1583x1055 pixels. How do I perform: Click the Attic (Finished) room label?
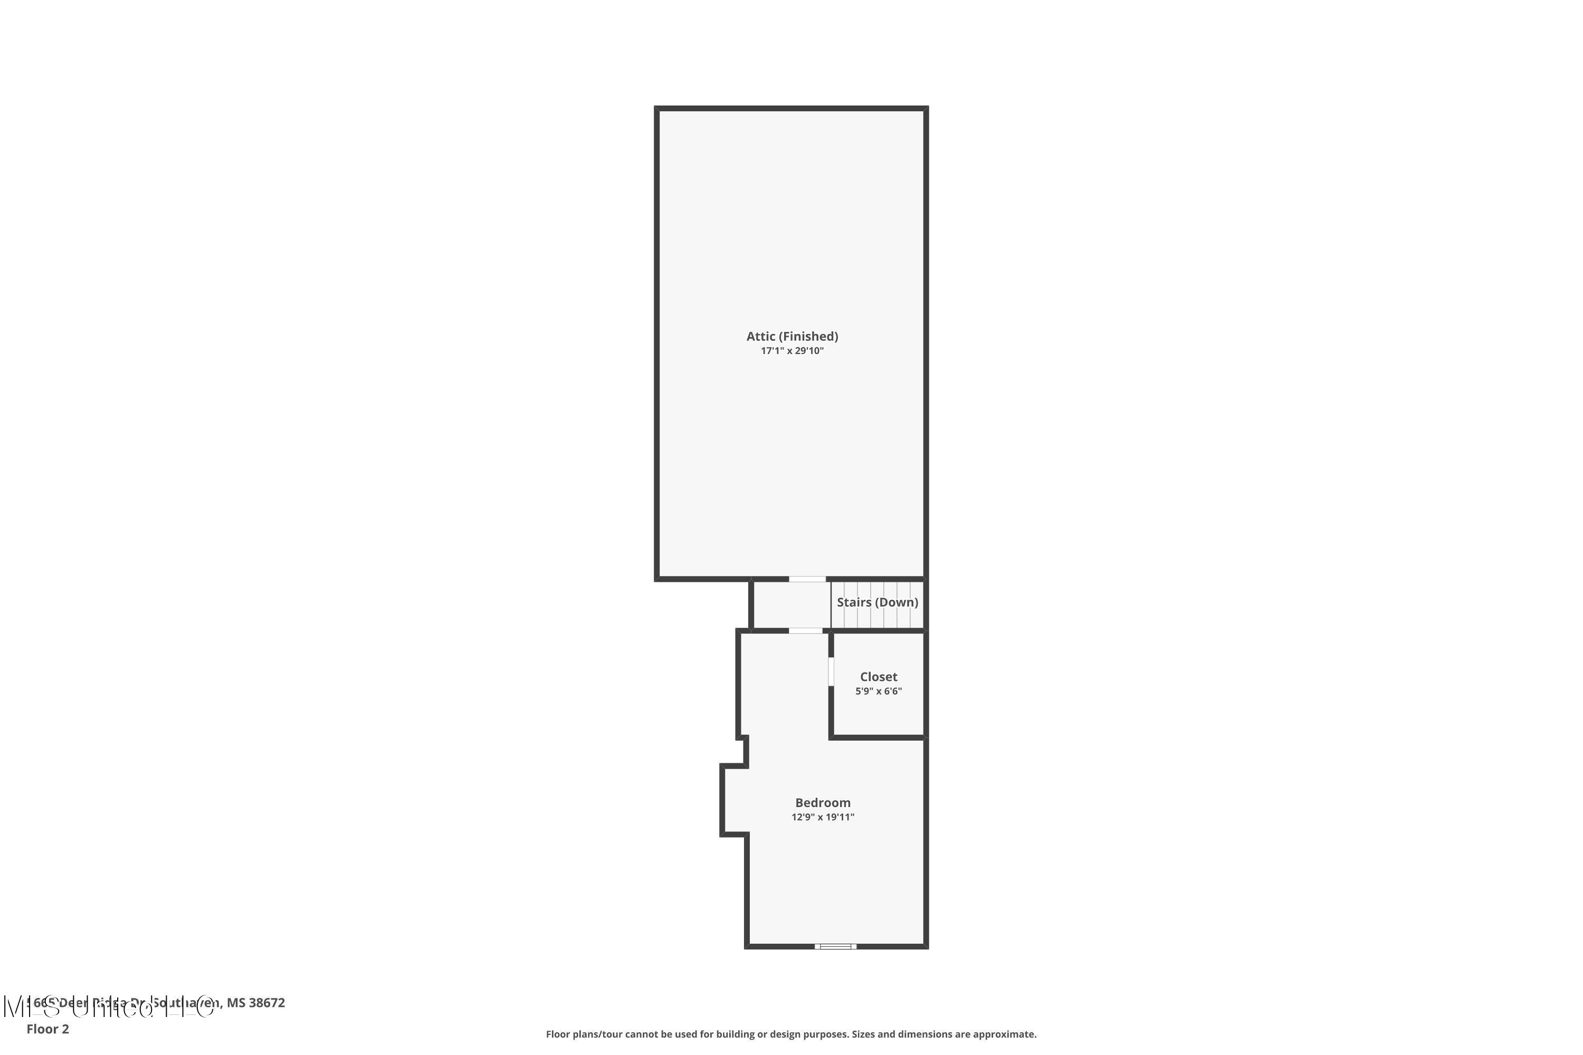791,337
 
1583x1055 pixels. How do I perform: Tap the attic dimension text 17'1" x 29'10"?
791,351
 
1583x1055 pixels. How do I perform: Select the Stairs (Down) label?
877,602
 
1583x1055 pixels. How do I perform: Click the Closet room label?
879,677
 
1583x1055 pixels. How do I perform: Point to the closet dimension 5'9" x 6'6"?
879,691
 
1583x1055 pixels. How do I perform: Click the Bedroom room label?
823,803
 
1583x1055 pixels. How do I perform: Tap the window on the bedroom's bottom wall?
835,946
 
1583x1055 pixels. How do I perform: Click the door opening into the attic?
807,579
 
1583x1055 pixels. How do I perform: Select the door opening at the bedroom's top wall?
806,631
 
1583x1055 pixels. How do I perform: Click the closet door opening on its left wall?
831,672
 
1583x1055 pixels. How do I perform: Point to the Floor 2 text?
48,1029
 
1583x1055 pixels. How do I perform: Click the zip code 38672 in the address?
267,1003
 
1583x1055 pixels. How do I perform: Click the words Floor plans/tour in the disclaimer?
584,1034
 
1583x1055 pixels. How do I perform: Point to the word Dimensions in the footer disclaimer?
925,1034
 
